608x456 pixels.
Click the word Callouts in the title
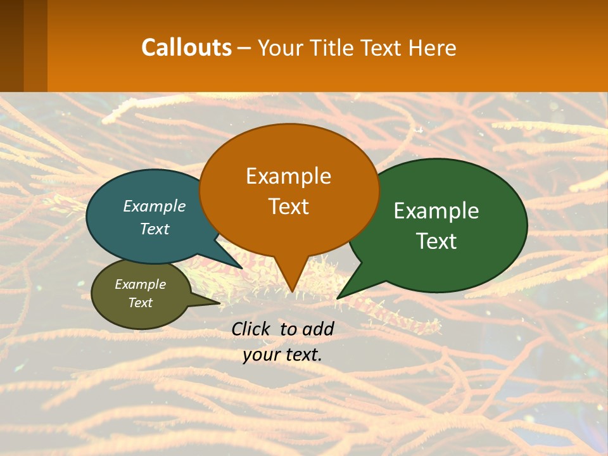click(x=187, y=47)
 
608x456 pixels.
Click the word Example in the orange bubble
click(x=288, y=176)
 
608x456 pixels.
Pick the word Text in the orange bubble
click(x=288, y=206)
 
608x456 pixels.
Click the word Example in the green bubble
click(x=436, y=211)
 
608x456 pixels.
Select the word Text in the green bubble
click(x=437, y=241)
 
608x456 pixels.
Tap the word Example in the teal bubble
click(x=155, y=206)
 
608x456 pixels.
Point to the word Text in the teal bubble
click(x=155, y=229)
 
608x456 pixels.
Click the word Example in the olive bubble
click(x=140, y=284)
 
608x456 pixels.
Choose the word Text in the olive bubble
click(x=140, y=303)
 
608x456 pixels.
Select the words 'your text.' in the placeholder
click(x=282, y=355)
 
